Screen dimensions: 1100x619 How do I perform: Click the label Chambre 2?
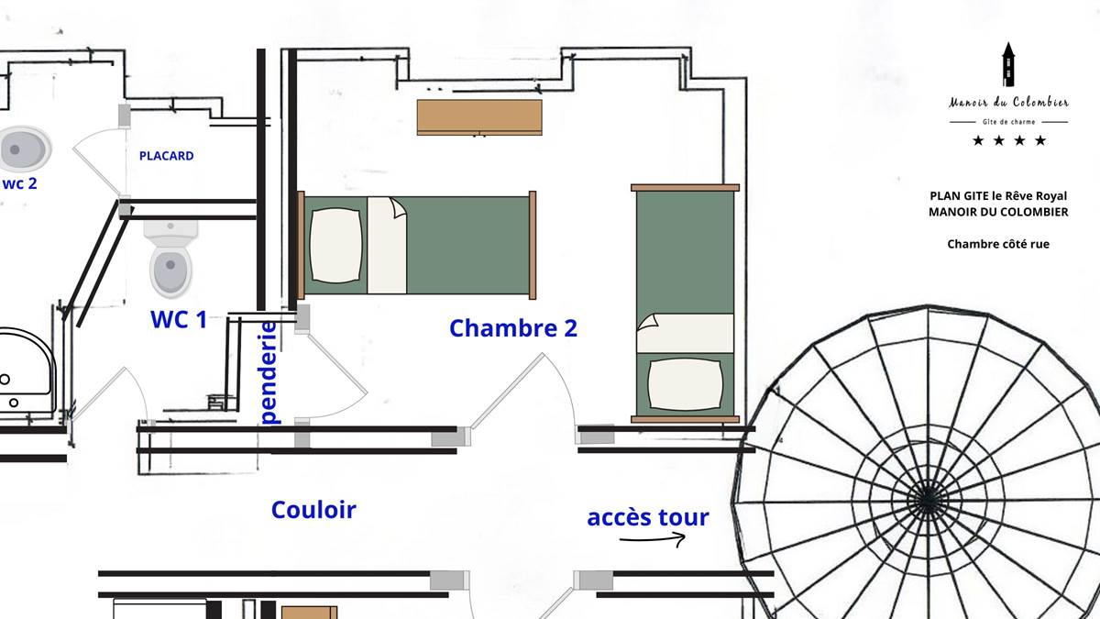point(513,328)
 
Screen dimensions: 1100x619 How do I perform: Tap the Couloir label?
point(313,510)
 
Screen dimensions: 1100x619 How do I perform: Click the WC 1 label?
point(179,319)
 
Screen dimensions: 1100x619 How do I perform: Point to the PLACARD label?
point(167,156)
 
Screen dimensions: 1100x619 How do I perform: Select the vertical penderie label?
point(269,373)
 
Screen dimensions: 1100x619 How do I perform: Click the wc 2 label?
point(19,183)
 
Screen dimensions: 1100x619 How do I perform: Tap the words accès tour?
point(648,517)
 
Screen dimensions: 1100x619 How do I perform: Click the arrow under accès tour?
point(652,539)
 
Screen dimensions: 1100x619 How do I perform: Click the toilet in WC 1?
point(170,259)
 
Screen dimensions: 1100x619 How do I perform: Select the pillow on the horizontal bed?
point(335,245)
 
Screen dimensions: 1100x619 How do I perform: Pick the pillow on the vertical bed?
point(685,384)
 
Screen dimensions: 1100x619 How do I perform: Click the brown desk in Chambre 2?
point(479,117)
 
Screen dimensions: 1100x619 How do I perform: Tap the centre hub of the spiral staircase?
point(927,500)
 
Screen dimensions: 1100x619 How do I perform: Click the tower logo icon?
point(1008,64)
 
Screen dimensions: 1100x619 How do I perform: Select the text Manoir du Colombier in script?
point(1008,102)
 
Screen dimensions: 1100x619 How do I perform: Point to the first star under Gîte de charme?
point(978,141)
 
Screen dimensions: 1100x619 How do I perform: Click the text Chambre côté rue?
point(998,244)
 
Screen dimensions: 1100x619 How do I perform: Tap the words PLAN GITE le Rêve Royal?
point(998,196)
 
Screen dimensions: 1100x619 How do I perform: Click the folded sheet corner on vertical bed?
point(647,322)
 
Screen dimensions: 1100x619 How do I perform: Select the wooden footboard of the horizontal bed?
point(533,245)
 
